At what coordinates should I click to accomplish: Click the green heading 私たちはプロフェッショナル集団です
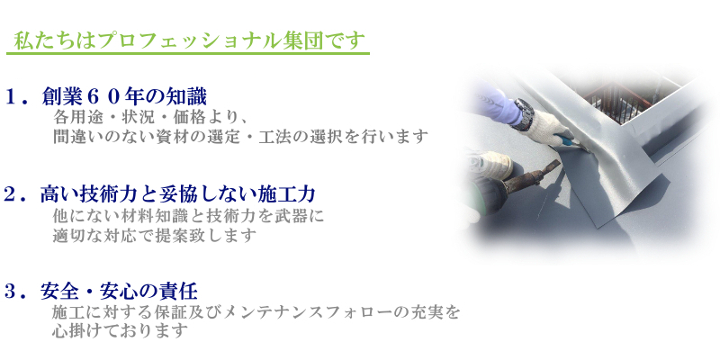coord(189,40)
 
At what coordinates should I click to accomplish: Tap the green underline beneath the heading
coord(188,54)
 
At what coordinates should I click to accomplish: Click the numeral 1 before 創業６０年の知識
coord(11,97)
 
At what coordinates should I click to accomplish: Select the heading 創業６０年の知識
coord(124,97)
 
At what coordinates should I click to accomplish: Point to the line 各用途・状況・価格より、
coord(151,118)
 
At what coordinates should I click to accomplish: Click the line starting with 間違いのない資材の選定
coord(240,137)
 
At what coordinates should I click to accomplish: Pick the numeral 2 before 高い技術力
coord(11,194)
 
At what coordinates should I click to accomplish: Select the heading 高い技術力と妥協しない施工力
coord(177,194)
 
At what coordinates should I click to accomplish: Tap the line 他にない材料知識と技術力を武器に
coord(188,216)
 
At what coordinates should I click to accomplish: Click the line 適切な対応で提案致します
coord(154,236)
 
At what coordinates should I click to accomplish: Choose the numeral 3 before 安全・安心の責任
coord(11,292)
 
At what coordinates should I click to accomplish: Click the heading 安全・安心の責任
coord(119,292)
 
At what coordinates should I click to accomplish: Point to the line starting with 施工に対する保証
coord(256,312)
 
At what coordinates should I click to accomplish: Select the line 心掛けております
coord(120,330)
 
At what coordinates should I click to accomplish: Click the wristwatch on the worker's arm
coord(524,113)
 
